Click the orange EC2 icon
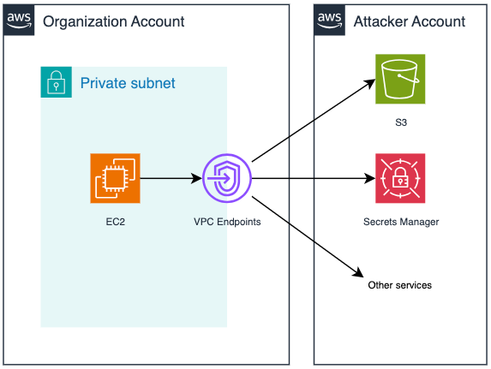pyautogui.click(x=115, y=178)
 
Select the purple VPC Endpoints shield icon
pyautogui.click(x=227, y=178)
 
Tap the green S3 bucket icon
pyautogui.click(x=400, y=79)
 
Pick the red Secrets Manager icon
pyautogui.click(x=400, y=178)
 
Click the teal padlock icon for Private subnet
pyautogui.click(x=57, y=82)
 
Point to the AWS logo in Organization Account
pyautogui.click(x=19, y=20)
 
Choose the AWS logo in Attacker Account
pyautogui.click(x=329, y=20)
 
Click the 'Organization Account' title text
pyautogui.click(x=114, y=22)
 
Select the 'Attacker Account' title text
pyautogui.click(x=410, y=22)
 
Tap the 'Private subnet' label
pyautogui.click(x=128, y=83)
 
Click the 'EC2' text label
pyautogui.click(x=115, y=222)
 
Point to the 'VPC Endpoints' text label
pyautogui.click(x=227, y=222)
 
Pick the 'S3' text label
pyautogui.click(x=401, y=122)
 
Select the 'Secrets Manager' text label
pyautogui.click(x=401, y=222)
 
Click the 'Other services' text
pyautogui.click(x=400, y=285)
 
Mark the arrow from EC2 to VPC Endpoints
pyautogui.click(x=171, y=178)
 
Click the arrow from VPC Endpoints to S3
pyautogui.click(x=314, y=121)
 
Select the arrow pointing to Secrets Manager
pyautogui.click(x=314, y=178)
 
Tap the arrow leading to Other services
pyautogui.click(x=308, y=236)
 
